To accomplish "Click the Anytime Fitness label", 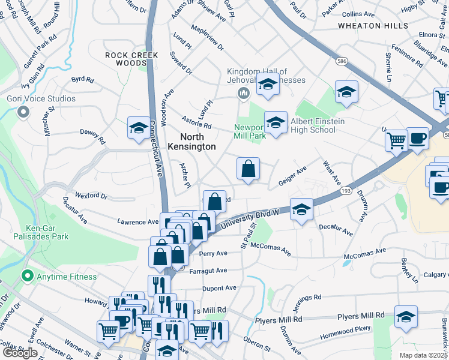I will click(67, 277).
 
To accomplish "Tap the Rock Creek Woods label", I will click(131, 59).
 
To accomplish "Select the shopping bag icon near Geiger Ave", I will click(249, 169).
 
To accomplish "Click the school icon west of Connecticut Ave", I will click(138, 128).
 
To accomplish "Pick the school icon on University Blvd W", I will click(301, 209).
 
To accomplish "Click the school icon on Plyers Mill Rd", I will click(406, 316).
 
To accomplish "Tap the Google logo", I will click(20, 353).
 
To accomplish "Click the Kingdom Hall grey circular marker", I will click(244, 92).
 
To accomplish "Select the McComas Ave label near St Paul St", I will click(270, 249).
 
